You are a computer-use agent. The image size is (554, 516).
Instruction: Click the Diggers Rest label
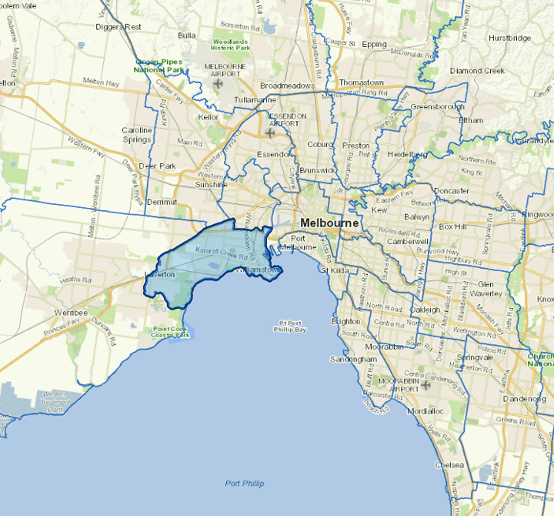coord(118,27)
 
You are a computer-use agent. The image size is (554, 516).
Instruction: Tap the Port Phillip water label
coord(245,483)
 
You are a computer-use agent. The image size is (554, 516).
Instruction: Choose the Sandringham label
coord(352,359)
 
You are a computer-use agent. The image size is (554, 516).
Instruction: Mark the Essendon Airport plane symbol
coord(270,132)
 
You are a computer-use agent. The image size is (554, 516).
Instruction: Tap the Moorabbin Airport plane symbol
coord(426,384)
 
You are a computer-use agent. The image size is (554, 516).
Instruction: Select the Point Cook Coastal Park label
coord(171,332)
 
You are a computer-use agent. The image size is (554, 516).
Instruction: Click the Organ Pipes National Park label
coord(161,65)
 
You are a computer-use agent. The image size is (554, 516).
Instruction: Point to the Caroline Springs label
coord(137,136)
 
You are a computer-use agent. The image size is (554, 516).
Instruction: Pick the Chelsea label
coord(449,465)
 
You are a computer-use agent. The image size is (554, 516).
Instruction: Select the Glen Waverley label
coord(491,288)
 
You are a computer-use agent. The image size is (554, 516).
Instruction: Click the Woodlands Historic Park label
coord(232,44)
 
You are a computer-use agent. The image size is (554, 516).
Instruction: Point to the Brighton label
coord(345,320)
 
